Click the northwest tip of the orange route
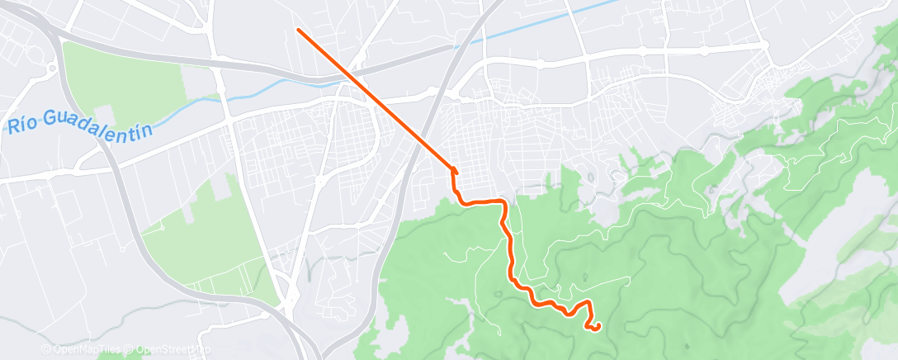tap(298, 30)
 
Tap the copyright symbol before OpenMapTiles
tap(47, 349)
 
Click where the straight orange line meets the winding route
tap(452, 168)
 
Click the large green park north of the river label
tap(124, 83)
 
